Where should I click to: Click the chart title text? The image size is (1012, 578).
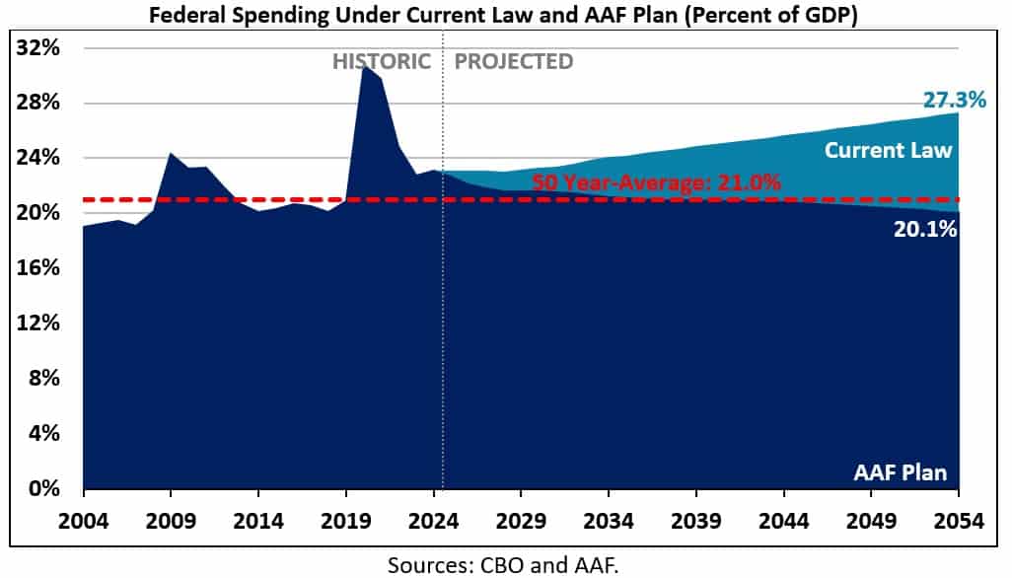(x=505, y=16)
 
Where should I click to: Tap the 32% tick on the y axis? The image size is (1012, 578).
(x=39, y=48)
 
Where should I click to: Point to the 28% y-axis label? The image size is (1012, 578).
(x=39, y=104)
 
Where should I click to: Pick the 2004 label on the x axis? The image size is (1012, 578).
(x=84, y=519)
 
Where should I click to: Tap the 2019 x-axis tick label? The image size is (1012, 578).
(x=346, y=519)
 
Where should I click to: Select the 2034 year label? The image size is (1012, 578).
(x=609, y=519)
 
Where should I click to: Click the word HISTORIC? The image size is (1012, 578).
(x=381, y=61)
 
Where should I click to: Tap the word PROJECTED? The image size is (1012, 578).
(x=513, y=61)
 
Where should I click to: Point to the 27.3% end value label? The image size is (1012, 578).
(x=955, y=100)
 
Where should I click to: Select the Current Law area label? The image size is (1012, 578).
(x=888, y=150)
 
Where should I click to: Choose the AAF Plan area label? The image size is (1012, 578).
(x=900, y=472)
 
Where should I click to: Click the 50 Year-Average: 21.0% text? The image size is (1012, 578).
(x=656, y=182)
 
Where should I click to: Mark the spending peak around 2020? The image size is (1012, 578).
(x=363, y=66)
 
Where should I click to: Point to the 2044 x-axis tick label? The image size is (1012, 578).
(x=784, y=519)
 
